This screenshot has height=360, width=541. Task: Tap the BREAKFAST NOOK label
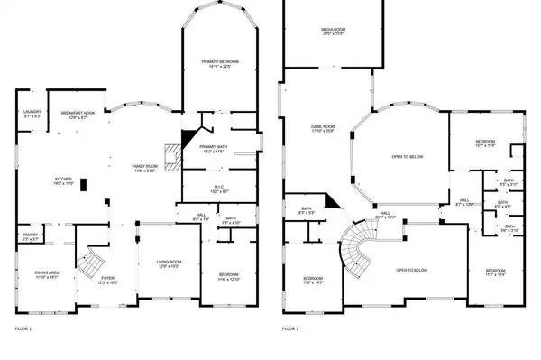(78, 113)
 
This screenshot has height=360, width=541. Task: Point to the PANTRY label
(30, 236)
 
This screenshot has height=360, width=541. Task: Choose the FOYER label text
(107, 278)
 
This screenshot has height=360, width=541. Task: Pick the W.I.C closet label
(217, 188)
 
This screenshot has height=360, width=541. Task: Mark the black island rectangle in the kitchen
(84, 185)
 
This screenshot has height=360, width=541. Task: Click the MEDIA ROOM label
(334, 31)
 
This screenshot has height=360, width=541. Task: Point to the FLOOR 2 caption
(290, 329)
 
